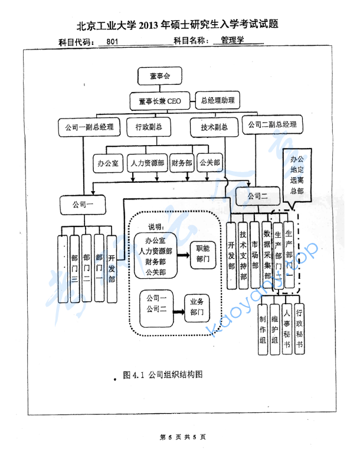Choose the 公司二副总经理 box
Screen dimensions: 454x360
(271, 125)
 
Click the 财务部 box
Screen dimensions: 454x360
(182, 163)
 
